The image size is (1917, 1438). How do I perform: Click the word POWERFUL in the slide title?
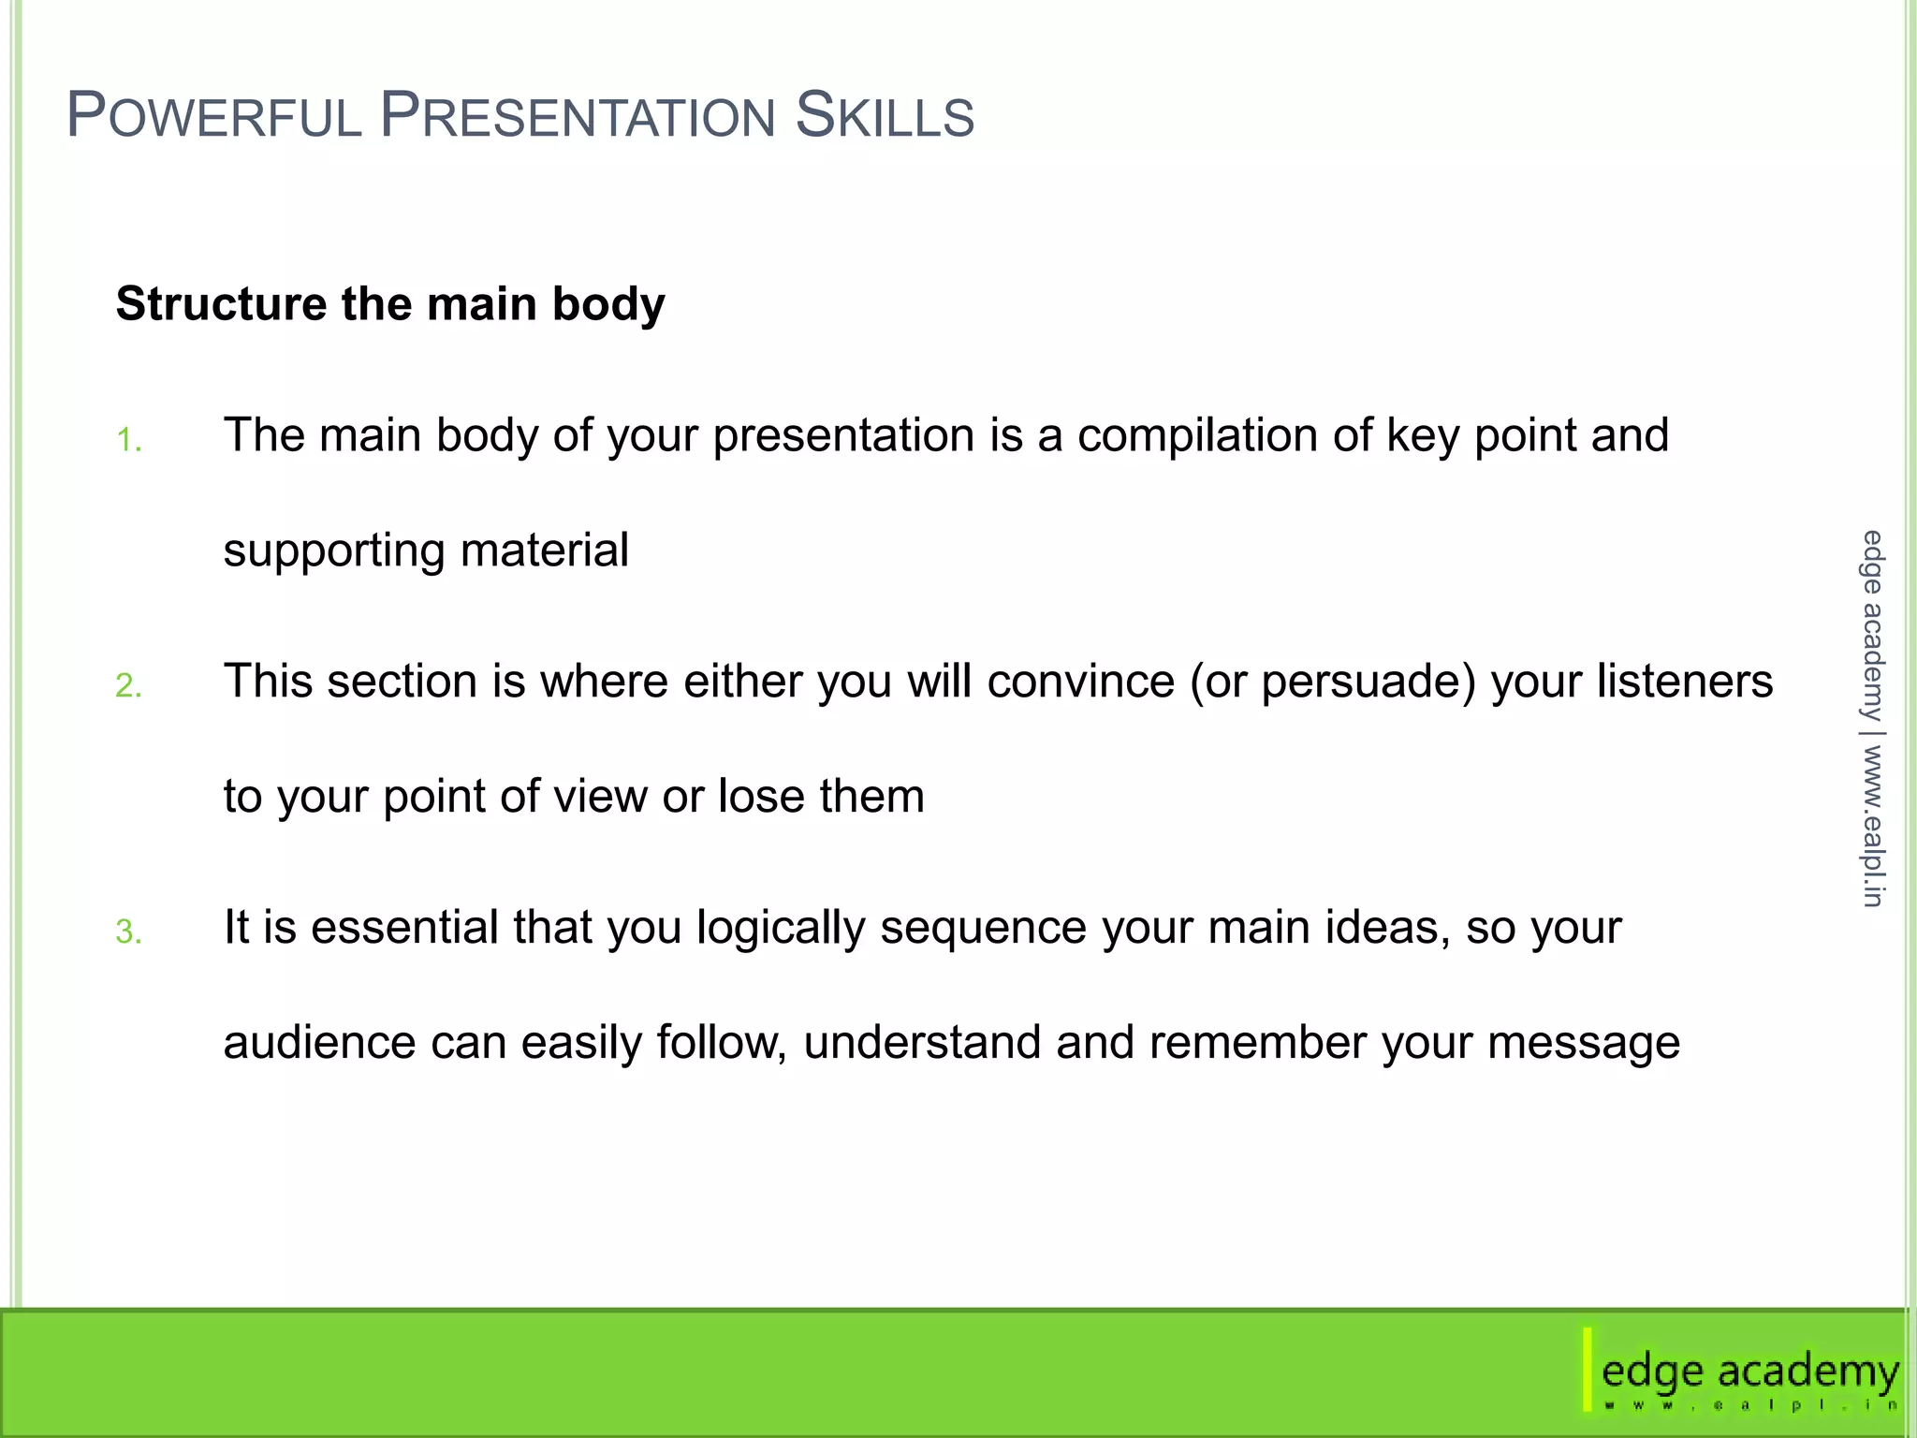point(214,116)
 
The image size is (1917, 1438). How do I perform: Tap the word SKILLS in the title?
point(885,116)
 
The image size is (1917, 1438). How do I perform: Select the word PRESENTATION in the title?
point(578,116)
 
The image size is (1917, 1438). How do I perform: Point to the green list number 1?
point(128,440)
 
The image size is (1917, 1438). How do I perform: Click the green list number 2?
point(128,686)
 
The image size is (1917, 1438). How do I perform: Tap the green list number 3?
point(128,932)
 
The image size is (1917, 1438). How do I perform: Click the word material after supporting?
point(544,550)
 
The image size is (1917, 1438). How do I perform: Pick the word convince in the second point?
point(1080,682)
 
